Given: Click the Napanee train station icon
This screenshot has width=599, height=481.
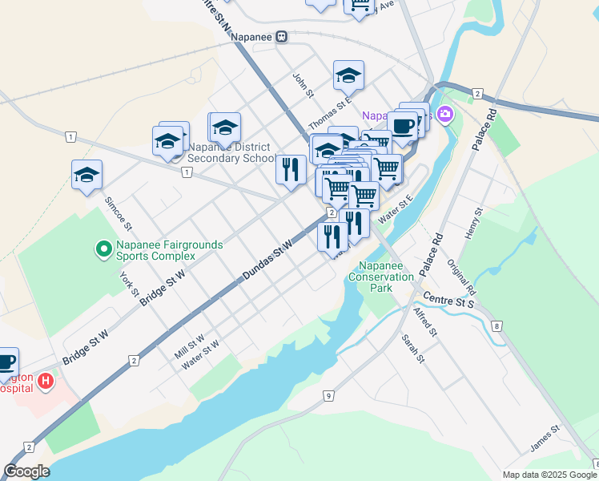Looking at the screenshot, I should pos(281,37).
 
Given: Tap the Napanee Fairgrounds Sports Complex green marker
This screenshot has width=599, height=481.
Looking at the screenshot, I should pos(103,250).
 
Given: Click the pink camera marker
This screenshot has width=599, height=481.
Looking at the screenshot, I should pos(445,115).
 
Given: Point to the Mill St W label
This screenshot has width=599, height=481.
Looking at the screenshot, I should pos(190,346).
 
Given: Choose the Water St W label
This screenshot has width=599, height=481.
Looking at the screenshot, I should pos(200,355).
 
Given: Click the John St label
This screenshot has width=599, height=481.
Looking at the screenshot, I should pos(302,86).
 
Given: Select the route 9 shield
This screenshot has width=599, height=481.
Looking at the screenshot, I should pos(328,396).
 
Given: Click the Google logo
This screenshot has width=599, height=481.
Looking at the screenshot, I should pos(27,471).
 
